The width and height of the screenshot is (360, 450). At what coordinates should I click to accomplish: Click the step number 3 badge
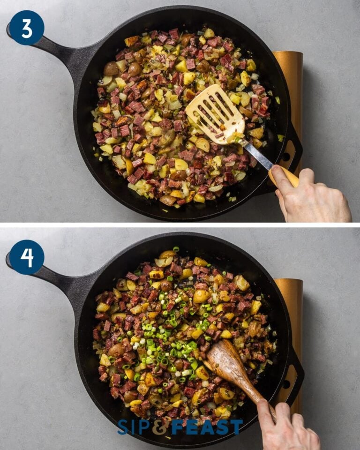pyautogui.click(x=27, y=28)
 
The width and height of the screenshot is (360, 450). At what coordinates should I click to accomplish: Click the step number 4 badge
pyautogui.click(x=27, y=257)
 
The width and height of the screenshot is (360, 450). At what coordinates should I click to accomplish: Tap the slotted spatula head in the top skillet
pyautogui.click(x=215, y=114)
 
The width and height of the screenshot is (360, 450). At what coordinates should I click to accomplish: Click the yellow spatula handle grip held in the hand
pyautogui.click(x=284, y=176)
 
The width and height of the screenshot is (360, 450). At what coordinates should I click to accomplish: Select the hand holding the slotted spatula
pyautogui.click(x=312, y=195)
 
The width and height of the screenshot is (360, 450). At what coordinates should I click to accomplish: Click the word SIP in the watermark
pyautogui.click(x=136, y=427)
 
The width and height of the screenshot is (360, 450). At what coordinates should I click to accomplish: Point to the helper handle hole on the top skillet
pyautogui.click(x=286, y=157)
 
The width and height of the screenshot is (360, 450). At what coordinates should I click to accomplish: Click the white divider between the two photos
pyautogui.click(x=180, y=225)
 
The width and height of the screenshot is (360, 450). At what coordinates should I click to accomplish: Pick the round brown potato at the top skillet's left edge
pyautogui.click(x=111, y=69)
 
